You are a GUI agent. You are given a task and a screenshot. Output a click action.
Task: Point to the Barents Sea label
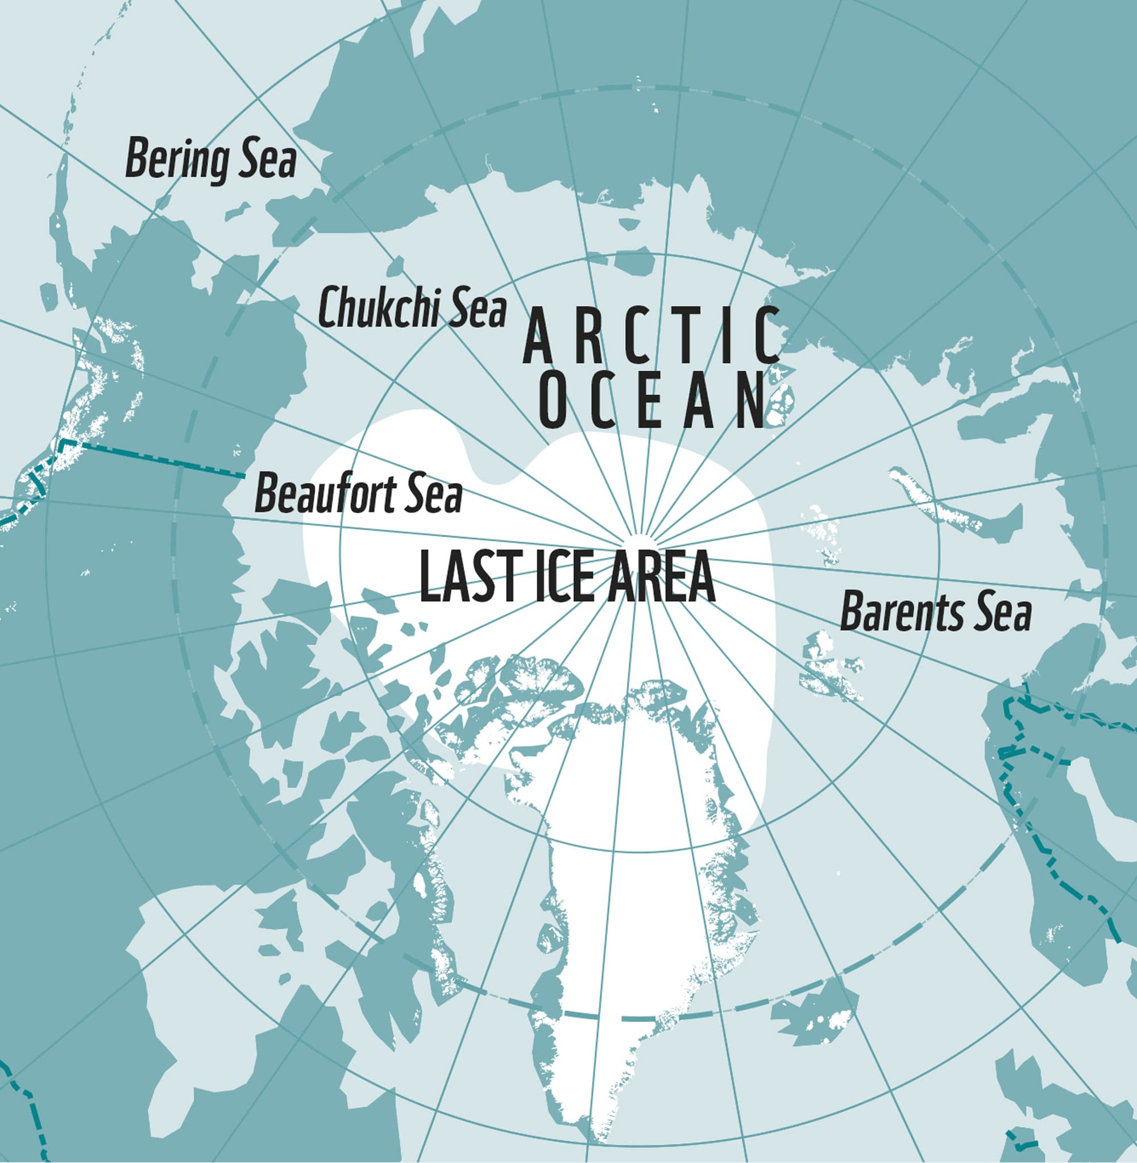click(936, 613)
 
